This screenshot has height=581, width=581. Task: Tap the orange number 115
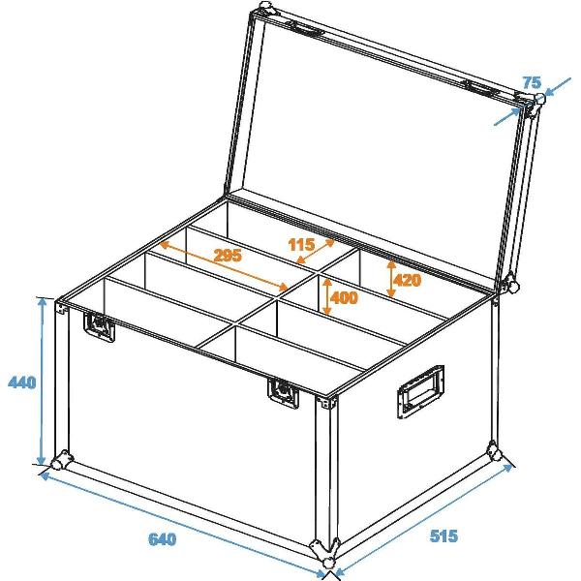pyautogui.click(x=302, y=246)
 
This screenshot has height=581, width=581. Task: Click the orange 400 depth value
pyautogui.click(x=345, y=298)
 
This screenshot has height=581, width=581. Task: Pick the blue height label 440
pyautogui.click(x=21, y=382)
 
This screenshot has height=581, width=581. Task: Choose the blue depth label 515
pyautogui.click(x=440, y=535)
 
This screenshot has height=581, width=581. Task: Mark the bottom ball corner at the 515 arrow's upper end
pyautogui.click(x=497, y=454)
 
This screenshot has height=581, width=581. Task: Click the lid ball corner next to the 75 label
pyautogui.click(x=531, y=105)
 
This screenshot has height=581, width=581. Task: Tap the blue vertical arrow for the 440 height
pyautogui.click(x=42, y=382)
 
